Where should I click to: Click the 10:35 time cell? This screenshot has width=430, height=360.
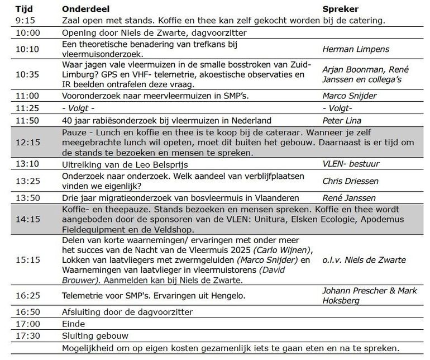(27, 75)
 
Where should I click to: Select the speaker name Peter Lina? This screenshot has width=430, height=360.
(341, 120)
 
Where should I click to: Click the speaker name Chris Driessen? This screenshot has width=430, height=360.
(351, 181)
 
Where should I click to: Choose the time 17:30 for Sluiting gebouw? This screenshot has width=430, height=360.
(27, 336)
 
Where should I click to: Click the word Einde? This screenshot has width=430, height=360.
(74, 324)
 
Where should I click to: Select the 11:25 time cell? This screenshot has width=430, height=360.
(27, 108)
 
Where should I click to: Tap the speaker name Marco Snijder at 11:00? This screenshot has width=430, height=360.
(350, 96)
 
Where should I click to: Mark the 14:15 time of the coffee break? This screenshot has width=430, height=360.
(27, 220)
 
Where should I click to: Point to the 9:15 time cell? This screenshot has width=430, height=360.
(26, 21)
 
